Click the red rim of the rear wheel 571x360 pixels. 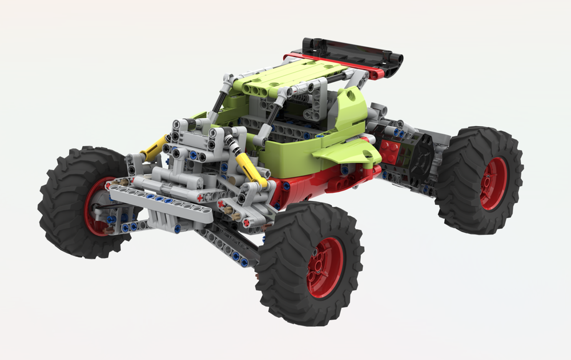click(493, 184)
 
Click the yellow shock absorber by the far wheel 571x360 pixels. click(154, 147)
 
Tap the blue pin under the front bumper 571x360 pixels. click(177, 229)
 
